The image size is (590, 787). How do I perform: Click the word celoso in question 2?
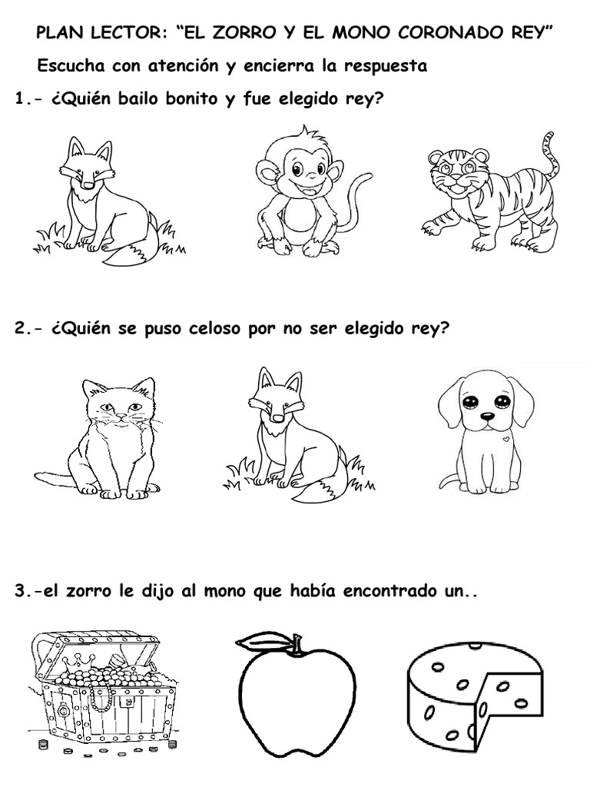216,329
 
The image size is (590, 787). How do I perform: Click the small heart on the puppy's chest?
507,439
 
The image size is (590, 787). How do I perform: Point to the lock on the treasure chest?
64,712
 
